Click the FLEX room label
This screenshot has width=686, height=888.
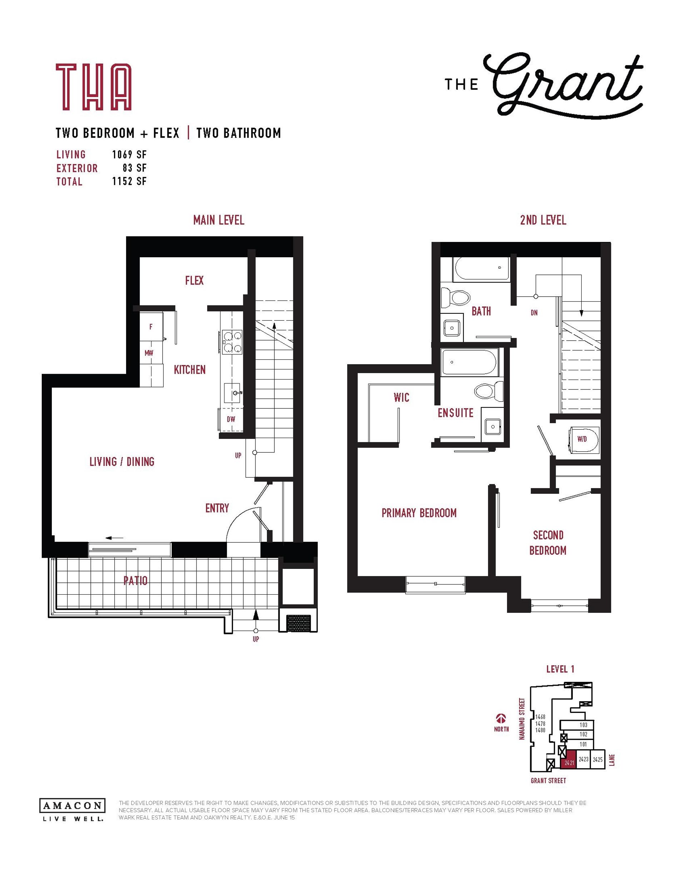click(194, 281)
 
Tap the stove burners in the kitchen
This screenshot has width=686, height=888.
click(232, 342)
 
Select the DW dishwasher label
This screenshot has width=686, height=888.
click(231, 419)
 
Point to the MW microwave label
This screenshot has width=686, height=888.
click(149, 353)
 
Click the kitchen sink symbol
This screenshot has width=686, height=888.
click(233, 393)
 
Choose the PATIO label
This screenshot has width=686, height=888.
click(135, 581)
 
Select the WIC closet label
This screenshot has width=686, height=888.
click(401, 398)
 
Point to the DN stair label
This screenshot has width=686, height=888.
click(534, 313)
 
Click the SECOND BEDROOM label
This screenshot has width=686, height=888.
click(548, 543)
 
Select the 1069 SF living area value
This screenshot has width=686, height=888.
click(129, 154)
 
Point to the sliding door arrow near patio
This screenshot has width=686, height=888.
click(114, 538)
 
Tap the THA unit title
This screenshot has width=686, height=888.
click(94, 87)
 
